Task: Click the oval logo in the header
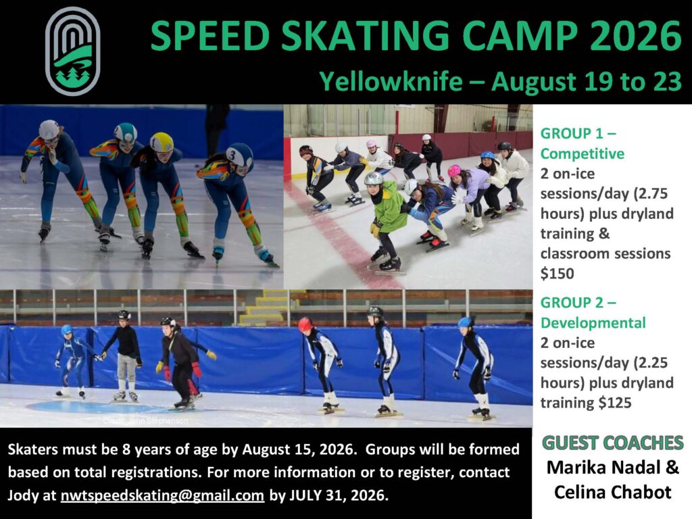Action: coord(73,51)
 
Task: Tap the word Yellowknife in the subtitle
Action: coord(391,82)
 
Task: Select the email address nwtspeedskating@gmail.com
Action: coord(162,495)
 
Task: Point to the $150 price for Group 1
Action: coord(558,274)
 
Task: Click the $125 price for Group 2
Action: coord(615,403)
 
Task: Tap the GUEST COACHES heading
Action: coord(612,443)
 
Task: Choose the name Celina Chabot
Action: coord(612,492)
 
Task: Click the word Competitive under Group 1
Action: coord(583,153)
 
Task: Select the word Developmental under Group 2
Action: coord(593,322)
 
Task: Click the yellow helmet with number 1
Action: coord(162,142)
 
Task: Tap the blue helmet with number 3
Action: coord(239,155)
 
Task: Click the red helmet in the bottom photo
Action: coord(305,325)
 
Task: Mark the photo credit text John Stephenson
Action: coord(146,420)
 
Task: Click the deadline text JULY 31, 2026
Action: coord(339,495)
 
